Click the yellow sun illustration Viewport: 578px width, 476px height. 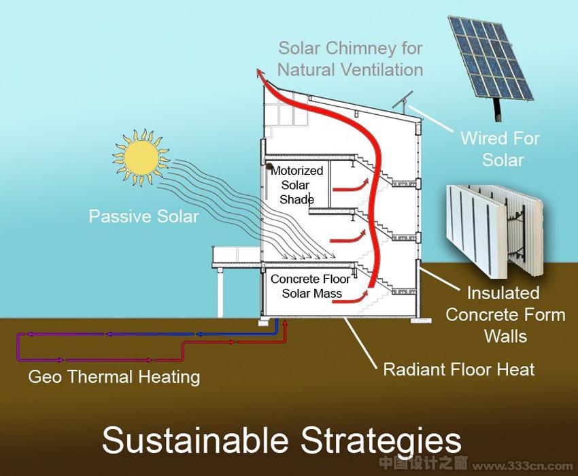[x=141, y=158]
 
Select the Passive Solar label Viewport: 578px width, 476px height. [x=143, y=216]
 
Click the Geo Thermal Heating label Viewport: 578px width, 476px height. [x=114, y=377]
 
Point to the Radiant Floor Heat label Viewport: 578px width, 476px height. [x=459, y=369]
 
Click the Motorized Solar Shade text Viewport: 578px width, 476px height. [x=296, y=185]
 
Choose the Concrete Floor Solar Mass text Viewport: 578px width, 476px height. [x=310, y=286]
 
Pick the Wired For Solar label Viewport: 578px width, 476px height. [x=500, y=149]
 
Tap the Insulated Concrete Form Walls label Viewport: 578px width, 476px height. [x=505, y=315]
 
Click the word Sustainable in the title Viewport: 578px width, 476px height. [x=195, y=440]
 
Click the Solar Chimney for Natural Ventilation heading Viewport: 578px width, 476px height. [x=350, y=59]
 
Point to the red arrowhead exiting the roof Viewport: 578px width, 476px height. [x=260, y=73]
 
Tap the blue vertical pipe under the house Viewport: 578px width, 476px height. [x=277, y=326]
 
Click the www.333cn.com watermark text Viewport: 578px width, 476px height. [x=523, y=466]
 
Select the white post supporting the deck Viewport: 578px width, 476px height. [x=220, y=292]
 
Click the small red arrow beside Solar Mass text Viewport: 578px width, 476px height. [x=350, y=298]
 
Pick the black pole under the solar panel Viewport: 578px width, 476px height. [x=498, y=109]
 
